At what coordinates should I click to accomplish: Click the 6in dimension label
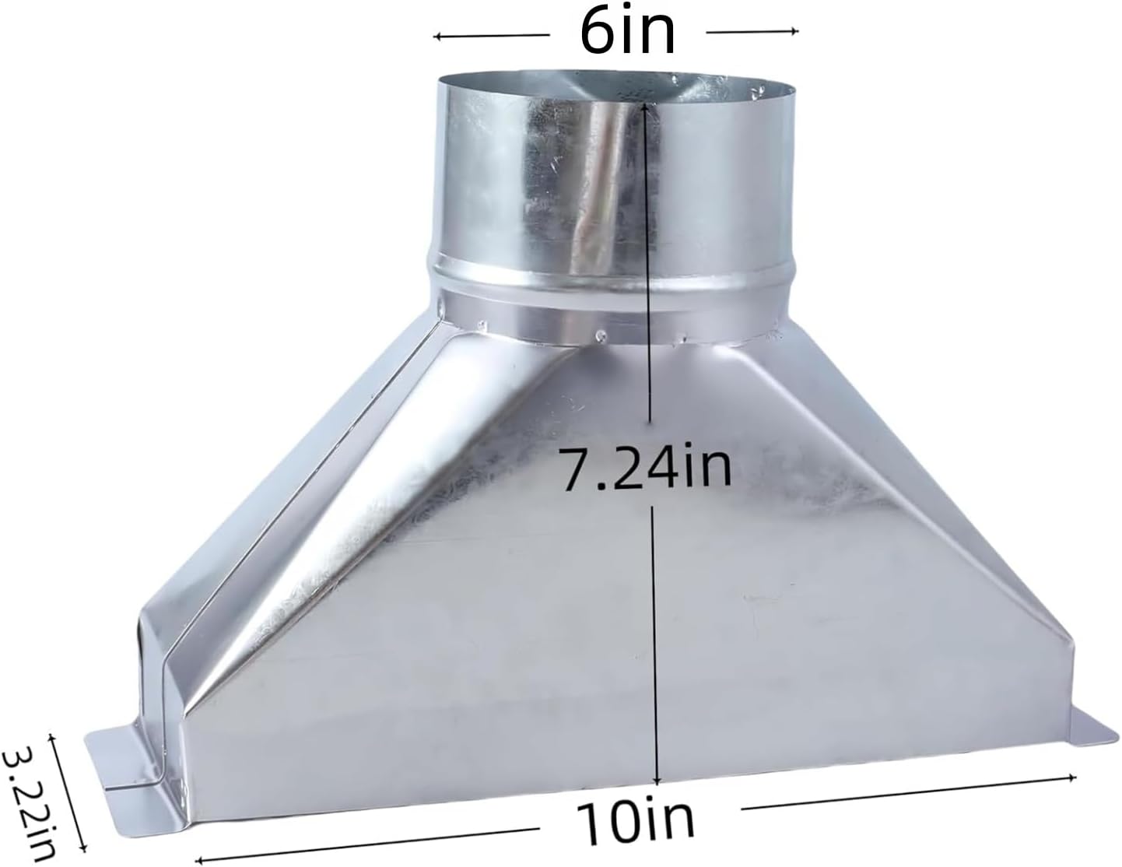tap(627, 32)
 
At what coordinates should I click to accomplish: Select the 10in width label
tap(636, 820)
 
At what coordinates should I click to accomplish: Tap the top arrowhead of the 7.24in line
tap(645, 108)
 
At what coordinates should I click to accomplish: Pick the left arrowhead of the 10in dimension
tap(198, 859)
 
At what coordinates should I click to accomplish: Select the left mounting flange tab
tap(124, 752)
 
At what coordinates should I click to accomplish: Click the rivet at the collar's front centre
tap(601, 336)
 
